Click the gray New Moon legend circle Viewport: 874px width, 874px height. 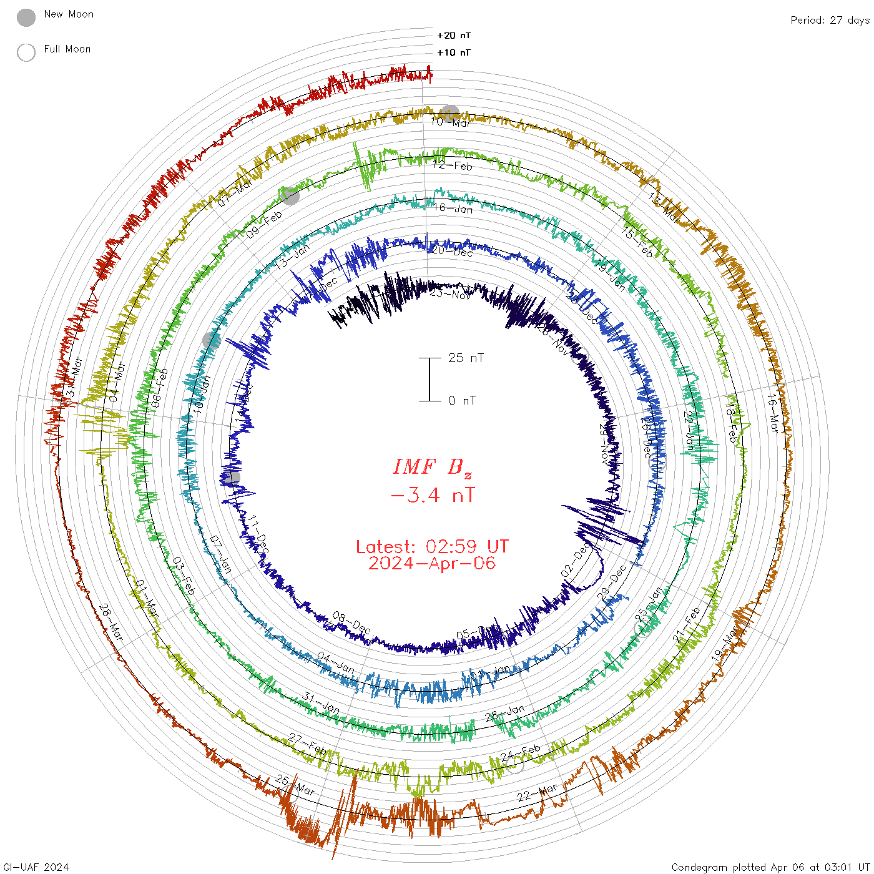pyautogui.click(x=26, y=18)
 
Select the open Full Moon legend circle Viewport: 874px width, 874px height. pyautogui.click(x=26, y=52)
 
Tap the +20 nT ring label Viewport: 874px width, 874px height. pyautogui.click(x=454, y=36)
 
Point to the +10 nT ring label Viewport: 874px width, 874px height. pyautogui.click(x=454, y=52)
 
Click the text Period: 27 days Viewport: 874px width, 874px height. pyautogui.click(x=830, y=20)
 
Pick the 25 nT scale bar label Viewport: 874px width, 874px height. pyautogui.click(x=466, y=358)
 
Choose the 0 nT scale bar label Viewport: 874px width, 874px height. pyautogui.click(x=462, y=400)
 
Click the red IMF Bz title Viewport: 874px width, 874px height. pyautogui.click(x=432, y=467)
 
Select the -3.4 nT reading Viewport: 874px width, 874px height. pyautogui.click(x=432, y=496)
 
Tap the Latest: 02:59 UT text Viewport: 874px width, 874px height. pyautogui.click(x=432, y=547)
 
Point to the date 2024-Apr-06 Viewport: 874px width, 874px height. pyautogui.click(x=432, y=563)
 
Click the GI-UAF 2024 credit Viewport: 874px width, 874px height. pyautogui.click(x=35, y=867)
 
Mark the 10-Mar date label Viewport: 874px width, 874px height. pyautogui.click(x=451, y=122)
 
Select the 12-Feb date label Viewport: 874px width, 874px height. pyautogui.click(x=453, y=165)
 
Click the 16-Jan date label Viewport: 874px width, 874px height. pyautogui.click(x=453, y=209)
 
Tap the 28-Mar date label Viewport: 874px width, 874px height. pyautogui.click(x=111, y=622)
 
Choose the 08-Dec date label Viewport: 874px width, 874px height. pyautogui.click(x=351, y=624)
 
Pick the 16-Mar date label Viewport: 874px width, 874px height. pyautogui.click(x=773, y=413)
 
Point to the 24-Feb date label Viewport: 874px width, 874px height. pyautogui.click(x=520, y=753)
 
